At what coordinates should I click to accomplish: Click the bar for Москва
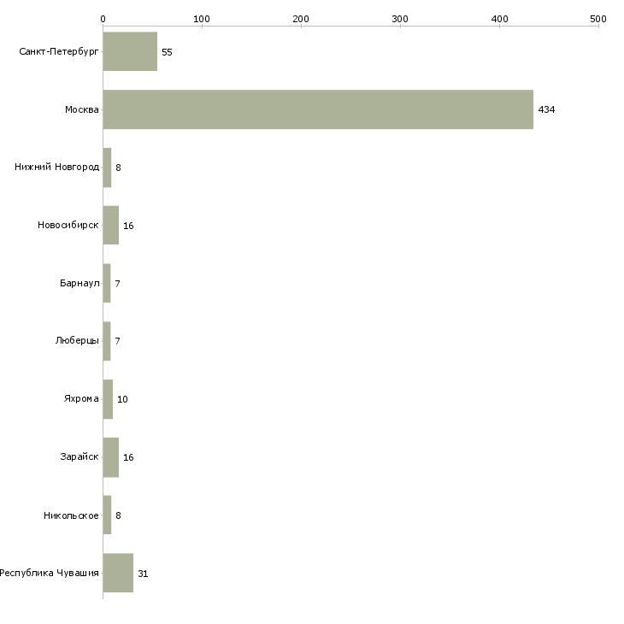pos(318,109)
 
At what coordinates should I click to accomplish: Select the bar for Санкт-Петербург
pos(130,51)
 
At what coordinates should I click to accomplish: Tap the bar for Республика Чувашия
pos(118,573)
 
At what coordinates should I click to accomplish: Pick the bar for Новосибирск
pos(111,226)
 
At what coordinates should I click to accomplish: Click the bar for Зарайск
pos(111,457)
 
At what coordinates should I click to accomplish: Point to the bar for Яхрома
pos(108,399)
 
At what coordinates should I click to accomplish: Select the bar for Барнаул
pos(107,283)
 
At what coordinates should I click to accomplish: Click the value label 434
pos(546,109)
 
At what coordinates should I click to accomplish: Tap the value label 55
pos(167,52)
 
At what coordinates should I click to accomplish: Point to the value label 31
pos(143,574)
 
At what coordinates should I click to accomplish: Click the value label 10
pos(122,399)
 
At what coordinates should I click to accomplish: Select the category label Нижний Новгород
pos(56,168)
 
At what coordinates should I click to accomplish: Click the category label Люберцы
pos(77,341)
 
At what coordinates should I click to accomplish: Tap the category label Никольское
pos(71,515)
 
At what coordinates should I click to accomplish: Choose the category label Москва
pos(81,109)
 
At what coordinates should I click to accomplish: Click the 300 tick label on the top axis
pos(400,19)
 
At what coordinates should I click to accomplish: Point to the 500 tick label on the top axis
pos(598,19)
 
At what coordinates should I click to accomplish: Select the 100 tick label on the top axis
pos(202,19)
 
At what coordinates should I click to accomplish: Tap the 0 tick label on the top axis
pos(103,19)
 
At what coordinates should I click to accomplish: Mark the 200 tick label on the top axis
pos(301,19)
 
